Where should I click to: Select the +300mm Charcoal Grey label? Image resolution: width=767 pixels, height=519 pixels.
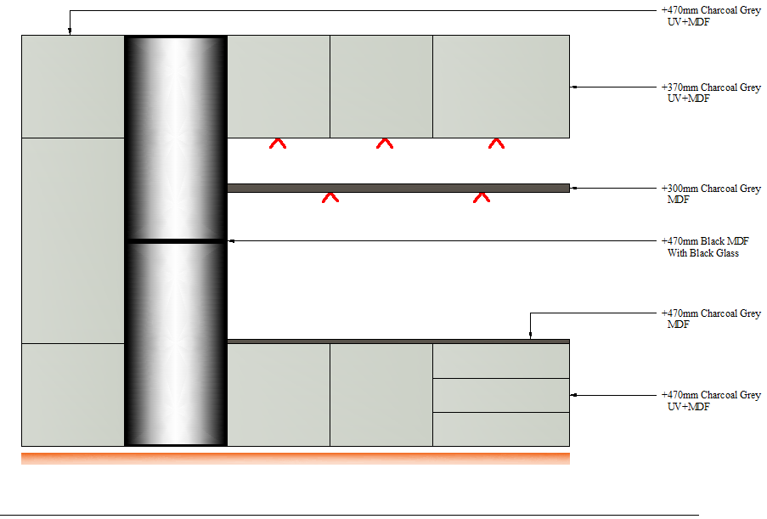[x=710, y=189]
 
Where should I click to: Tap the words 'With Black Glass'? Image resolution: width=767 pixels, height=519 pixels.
[x=703, y=253]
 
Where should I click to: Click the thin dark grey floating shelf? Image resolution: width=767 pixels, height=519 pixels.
[x=398, y=188]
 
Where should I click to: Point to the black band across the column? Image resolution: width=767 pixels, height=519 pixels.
[x=176, y=241]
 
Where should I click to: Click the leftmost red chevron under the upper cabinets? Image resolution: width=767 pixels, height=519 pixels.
[x=278, y=144]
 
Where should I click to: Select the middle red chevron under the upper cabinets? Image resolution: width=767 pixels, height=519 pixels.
[x=385, y=144]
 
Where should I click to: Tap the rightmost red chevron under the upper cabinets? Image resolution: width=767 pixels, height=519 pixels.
[x=497, y=144]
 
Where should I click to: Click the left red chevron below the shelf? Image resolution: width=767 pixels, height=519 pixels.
[x=330, y=197]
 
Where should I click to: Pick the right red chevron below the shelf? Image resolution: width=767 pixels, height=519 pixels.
[x=482, y=197]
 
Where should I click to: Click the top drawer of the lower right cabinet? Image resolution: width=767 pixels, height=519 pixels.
[x=501, y=361]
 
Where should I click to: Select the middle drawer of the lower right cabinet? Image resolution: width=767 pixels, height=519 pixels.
[x=501, y=395]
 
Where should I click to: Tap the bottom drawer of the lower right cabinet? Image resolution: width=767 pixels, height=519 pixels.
[x=501, y=429]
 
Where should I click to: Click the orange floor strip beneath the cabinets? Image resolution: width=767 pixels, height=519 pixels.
[x=296, y=459]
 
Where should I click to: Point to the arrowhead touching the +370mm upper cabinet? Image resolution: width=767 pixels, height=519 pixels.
[x=573, y=87]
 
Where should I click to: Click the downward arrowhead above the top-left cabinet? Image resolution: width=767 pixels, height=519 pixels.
[x=70, y=31]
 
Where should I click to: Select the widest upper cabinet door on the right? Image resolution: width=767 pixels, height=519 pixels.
[x=501, y=86]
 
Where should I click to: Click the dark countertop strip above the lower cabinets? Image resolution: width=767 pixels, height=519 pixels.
[x=398, y=341]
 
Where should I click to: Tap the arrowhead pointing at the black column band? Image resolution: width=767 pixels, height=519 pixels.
[x=231, y=241]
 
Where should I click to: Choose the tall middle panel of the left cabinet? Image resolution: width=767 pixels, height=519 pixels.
[x=73, y=240]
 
